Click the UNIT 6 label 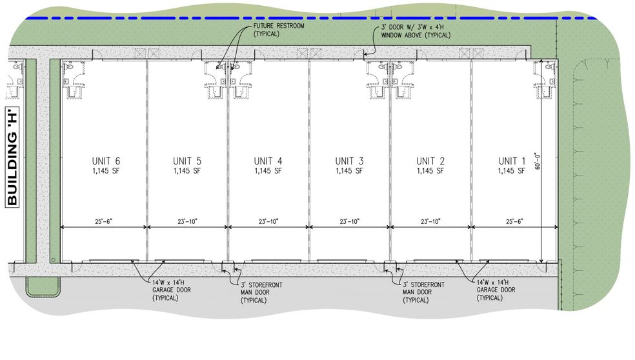105,161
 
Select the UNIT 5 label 186,161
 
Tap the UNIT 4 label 268,161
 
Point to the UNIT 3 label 349,161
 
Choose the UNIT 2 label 430,161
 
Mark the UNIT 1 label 512,161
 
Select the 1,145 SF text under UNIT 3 349,172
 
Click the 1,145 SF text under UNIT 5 186,172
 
